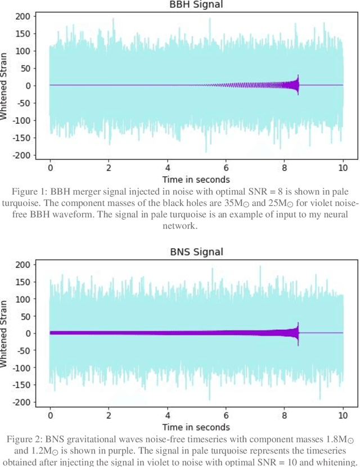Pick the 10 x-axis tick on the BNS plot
[343, 415]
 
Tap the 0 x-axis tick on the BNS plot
[50, 415]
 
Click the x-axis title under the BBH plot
[196, 179]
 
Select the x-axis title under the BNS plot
[196, 427]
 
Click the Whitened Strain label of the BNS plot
[5, 333]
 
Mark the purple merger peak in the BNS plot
[298, 326]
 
